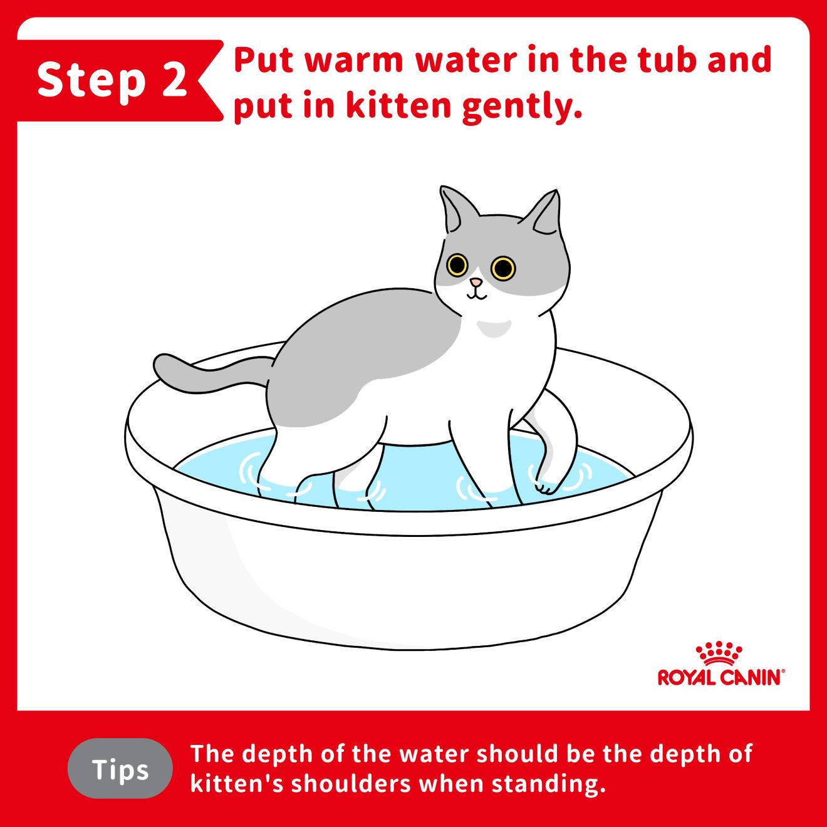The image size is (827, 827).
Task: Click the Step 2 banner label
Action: coord(112,80)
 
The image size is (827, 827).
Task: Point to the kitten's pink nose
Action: coord(476,282)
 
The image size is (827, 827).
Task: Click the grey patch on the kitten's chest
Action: coord(494,328)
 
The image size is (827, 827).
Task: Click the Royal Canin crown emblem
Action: coord(719,655)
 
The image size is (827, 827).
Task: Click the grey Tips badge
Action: coord(120,769)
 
